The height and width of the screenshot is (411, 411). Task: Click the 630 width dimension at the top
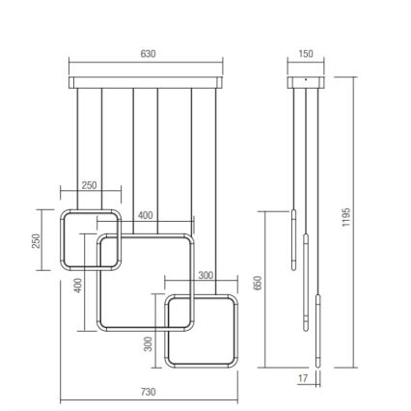(148, 54)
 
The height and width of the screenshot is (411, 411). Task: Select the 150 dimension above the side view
(306, 54)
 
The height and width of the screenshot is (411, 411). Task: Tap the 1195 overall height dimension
(346, 218)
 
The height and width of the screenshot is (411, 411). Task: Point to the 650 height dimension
(258, 283)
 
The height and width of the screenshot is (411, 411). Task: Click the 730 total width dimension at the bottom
(148, 393)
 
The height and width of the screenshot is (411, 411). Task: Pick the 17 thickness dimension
(302, 379)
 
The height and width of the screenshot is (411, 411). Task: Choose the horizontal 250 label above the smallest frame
(89, 186)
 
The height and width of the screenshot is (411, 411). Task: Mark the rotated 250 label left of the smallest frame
(37, 239)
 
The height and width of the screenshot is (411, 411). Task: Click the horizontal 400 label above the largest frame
(145, 216)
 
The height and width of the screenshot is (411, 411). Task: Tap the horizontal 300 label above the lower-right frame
(205, 276)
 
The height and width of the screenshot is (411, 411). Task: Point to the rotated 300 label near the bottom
(148, 343)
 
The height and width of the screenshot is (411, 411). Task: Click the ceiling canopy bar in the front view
(148, 81)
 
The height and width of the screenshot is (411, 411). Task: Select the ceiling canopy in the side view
(306, 81)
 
